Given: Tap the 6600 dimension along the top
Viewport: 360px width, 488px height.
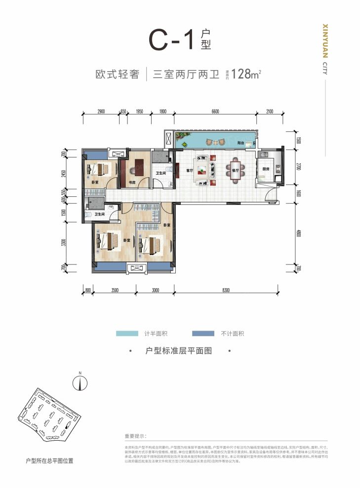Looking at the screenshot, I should coord(215,112).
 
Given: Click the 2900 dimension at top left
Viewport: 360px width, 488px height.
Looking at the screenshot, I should coord(101,112).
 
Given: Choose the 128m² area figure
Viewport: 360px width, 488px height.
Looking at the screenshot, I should coord(242,75).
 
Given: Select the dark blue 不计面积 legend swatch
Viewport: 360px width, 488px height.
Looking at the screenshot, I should coord(200,334).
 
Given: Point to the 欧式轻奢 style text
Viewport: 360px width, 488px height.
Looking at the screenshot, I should coord(116,75).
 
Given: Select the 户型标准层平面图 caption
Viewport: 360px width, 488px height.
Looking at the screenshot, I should coord(179,351).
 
